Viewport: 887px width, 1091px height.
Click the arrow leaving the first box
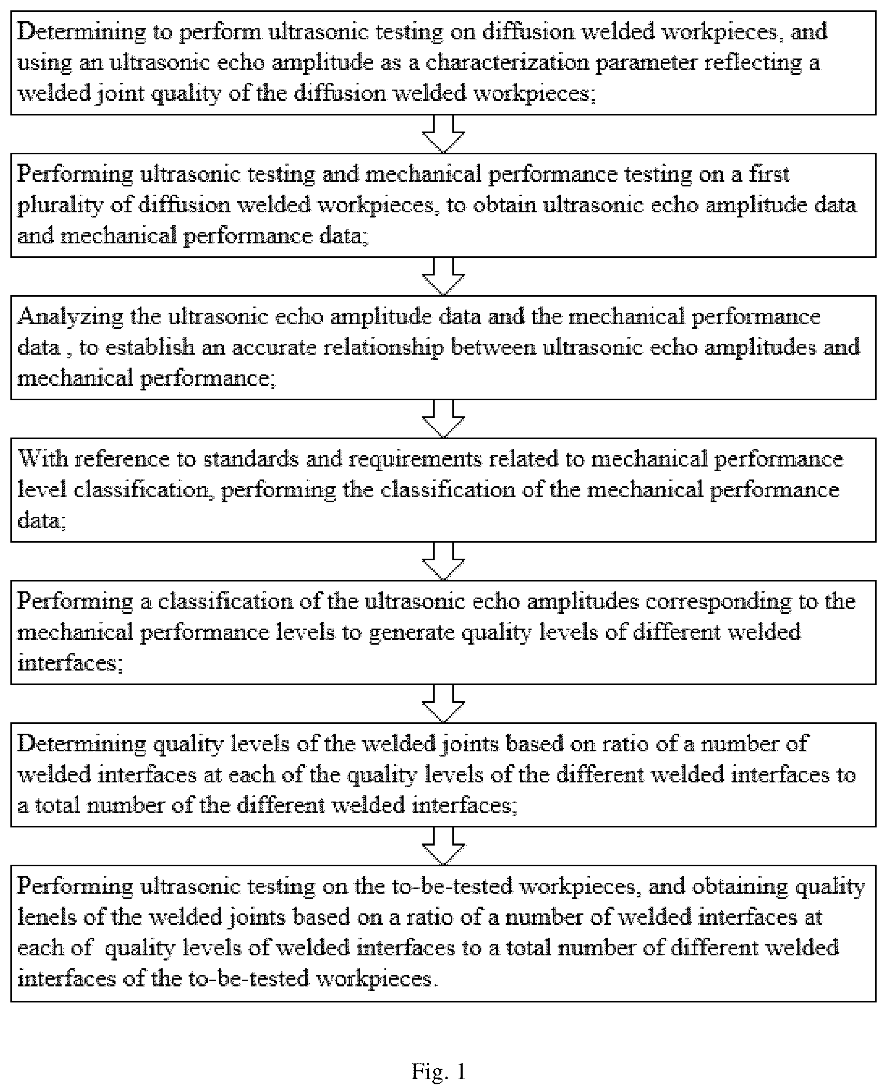pos(443,134)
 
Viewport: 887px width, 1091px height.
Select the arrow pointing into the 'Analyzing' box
pos(443,276)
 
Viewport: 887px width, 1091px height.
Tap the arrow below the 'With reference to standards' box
pos(443,561)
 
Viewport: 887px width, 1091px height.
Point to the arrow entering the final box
pos(443,846)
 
